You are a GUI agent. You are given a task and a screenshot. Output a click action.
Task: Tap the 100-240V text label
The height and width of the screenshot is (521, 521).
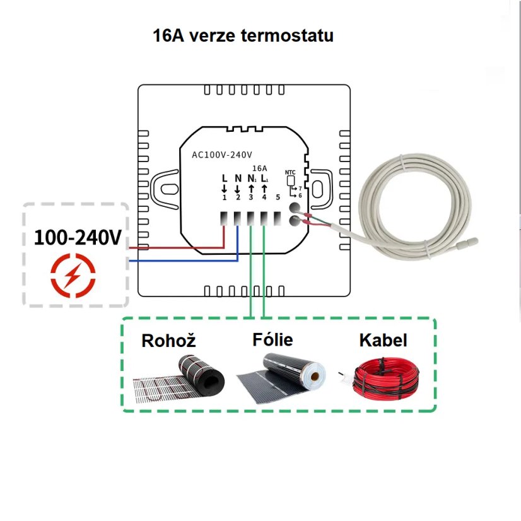[x=78, y=238]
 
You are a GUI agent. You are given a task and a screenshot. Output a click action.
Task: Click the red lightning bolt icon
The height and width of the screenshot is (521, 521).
[x=73, y=276]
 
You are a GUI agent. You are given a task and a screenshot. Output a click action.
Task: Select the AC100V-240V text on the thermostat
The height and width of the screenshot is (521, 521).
[x=222, y=155]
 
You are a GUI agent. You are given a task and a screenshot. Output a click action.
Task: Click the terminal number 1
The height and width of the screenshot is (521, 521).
[x=224, y=198]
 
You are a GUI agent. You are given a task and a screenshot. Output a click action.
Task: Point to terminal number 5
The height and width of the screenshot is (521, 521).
[x=278, y=198]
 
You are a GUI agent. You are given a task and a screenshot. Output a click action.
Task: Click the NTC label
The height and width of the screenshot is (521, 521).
[x=290, y=172]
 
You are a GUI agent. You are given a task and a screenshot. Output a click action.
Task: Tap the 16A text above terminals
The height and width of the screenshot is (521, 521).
[x=259, y=168]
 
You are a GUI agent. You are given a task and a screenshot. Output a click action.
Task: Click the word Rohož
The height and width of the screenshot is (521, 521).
[x=168, y=341]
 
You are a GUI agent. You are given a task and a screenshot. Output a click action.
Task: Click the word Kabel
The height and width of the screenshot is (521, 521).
[x=383, y=341]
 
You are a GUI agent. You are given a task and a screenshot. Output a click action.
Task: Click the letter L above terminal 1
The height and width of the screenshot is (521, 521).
[x=225, y=179]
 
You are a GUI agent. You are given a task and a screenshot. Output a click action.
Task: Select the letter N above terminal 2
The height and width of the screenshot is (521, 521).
[x=238, y=179]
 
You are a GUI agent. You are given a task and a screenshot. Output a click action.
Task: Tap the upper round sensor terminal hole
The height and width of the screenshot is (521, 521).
[x=295, y=207]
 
